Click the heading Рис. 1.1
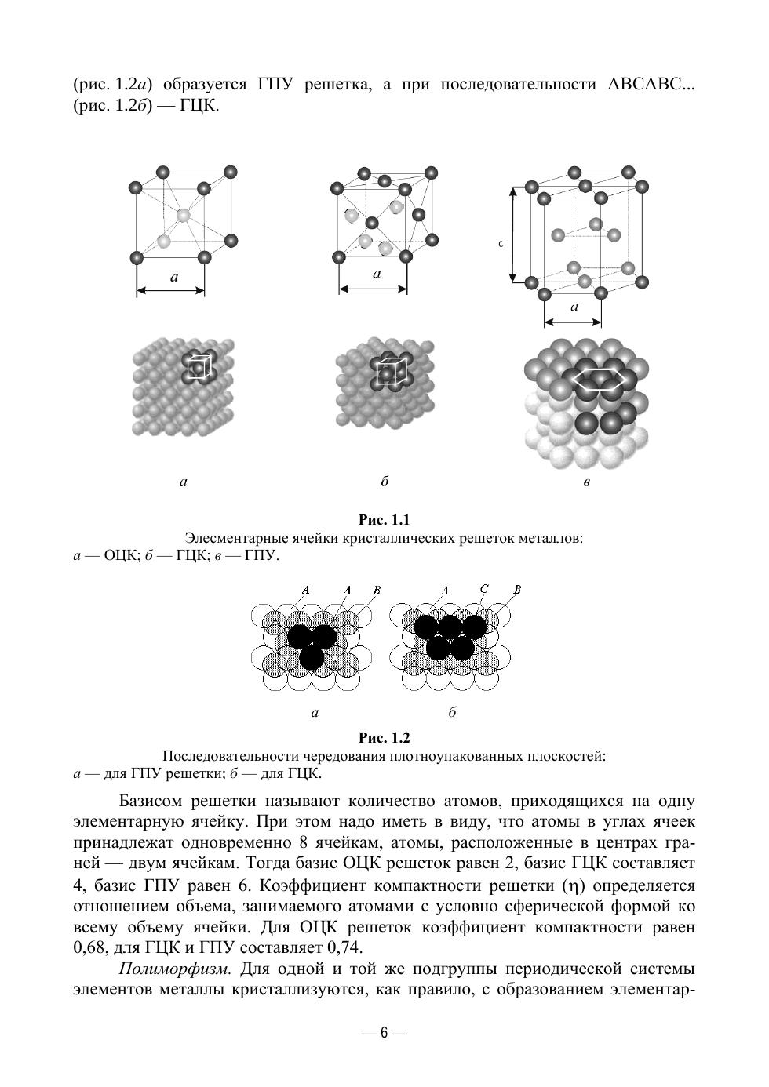(384, 520)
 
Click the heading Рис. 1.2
(384, 738)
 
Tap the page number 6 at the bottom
(384, 1033)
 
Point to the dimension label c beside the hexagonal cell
(500, 244)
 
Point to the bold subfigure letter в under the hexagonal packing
(586, 482)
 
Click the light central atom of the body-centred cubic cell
(183, 215)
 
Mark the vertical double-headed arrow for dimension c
(512, 234)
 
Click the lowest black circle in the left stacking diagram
(311, 658)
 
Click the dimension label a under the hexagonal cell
(574, 307)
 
